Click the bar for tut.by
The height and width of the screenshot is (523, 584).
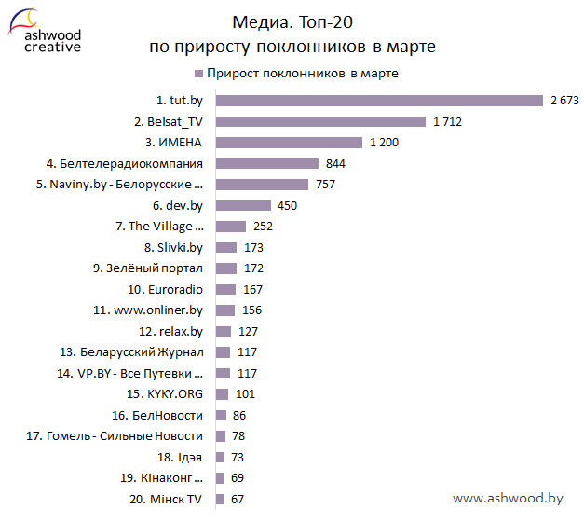[x=379, y=101]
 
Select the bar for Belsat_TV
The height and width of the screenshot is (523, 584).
[x=320, y=121]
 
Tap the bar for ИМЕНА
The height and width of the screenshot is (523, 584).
[x=289, y=143]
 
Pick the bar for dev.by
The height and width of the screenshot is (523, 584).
[x=243, y=205]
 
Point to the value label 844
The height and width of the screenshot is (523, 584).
[x=336, y=163]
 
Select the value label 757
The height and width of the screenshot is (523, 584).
[x=325, y=185]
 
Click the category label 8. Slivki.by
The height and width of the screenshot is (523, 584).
[x=173, y=248]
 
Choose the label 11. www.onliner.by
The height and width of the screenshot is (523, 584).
[x=148, y=310]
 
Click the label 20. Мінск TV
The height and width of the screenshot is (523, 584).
[x=166, y=500]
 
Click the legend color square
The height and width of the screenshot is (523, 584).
[x=199, y=74]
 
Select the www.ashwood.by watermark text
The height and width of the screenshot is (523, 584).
[x=508, y=499]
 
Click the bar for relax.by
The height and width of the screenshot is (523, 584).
[x=224, y=332]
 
